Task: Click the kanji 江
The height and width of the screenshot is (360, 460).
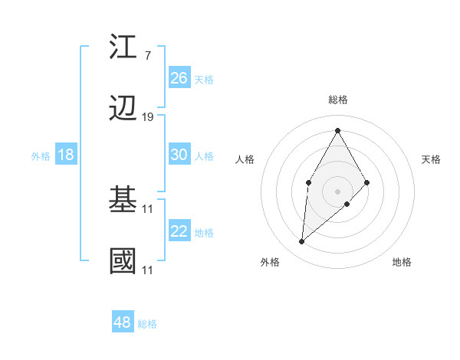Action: pyautogui.click(x=123, y=47)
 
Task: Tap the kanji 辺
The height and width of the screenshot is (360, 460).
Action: pyautogui.click(x=123, y=110)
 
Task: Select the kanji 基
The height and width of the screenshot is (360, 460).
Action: pyautogui.click(x=123, y=201)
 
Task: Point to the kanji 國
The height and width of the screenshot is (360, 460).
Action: pyautogui.click(x=123, y=261)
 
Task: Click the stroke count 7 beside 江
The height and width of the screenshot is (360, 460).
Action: pyautogui.click(x=147, y=55)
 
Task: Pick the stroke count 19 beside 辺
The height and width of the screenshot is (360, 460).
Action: pyautogui.click(x=148, y=117)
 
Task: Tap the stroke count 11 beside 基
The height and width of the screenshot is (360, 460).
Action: pyautogui.click(x=148, y=208)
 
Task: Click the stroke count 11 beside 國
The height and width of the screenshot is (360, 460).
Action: pyautogui.click(x=148, y=270)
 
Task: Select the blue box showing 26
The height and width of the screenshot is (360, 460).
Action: pyautogui.click(x=179, y=78)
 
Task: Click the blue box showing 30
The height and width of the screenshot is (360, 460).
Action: pyautogui.click(x=179, y=155)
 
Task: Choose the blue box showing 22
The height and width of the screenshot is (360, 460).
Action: pyautogui.click(x=179, y=231)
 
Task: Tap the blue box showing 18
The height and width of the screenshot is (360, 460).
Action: pyautogui.click(x=66, y=155)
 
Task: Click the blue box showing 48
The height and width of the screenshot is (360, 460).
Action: pyautogui.click(x=122, y=322)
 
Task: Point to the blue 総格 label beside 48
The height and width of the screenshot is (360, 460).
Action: pyautogui.click(x=147, y=324)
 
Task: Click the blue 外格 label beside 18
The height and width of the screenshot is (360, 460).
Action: pyautogui.click(x=41, y=156)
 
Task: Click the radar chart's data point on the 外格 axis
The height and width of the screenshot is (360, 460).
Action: pyautogui.click(x=302, y=242)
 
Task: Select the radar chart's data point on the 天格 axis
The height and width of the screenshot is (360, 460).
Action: pyautogui.click(x=367, y=182)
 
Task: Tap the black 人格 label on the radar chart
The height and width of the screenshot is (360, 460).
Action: pyautogui.click(x=245, y=159)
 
